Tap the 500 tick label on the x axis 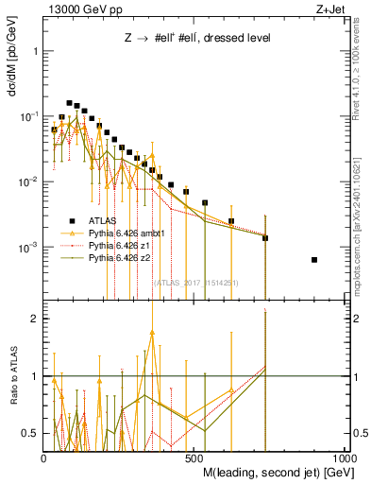pyautogui.click(x=195, y=456)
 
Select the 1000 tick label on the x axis pyautogui.click(x=345, y=456)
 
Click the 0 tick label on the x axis pyautogui.click(x=44, y=456)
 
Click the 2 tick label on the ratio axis pyautogui.click(x=36, y=319)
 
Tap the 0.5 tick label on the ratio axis pyautogui.click(x=31, y=433)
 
